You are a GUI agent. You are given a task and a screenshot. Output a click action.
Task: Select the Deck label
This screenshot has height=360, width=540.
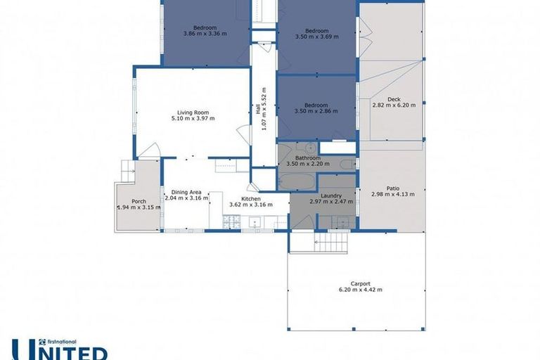[x=393, y=99]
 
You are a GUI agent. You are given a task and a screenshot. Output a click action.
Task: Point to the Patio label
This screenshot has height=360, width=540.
[x=393, y=188]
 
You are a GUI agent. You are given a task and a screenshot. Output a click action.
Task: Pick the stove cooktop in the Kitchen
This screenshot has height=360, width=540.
[x=232, y=222]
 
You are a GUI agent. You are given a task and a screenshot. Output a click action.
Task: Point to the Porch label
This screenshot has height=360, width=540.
[x=139, y=201]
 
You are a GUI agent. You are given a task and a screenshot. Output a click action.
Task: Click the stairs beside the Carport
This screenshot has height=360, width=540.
[x=320, y=243]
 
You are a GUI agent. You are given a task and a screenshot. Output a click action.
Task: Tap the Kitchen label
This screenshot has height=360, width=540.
[x=251, y=199]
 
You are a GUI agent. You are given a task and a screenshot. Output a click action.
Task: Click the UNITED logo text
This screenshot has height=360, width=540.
[x=60, y=351]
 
